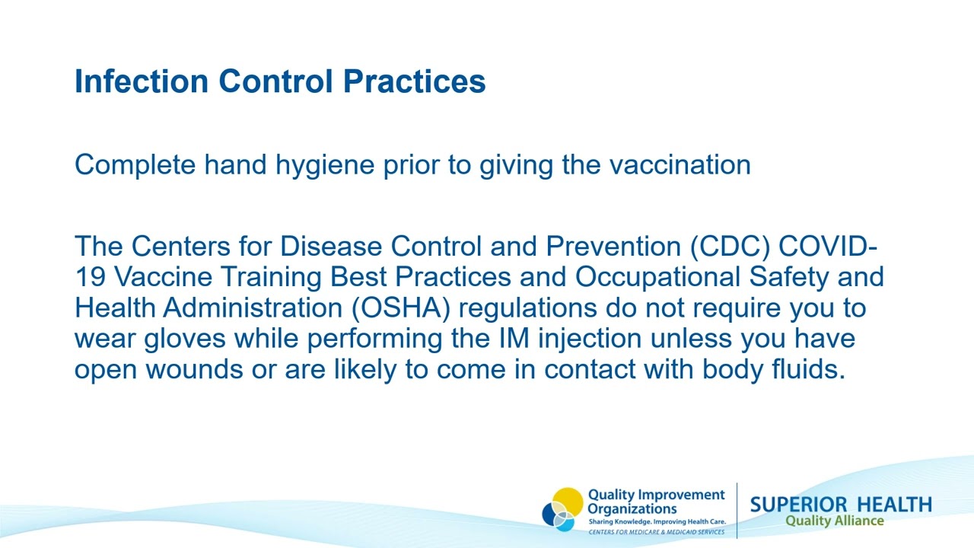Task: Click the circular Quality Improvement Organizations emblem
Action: tap(562, 509)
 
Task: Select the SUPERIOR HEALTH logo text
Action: tap(840, 505)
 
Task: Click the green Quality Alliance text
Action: tap(834, 521)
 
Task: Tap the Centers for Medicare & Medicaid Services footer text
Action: tap(657, 532)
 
